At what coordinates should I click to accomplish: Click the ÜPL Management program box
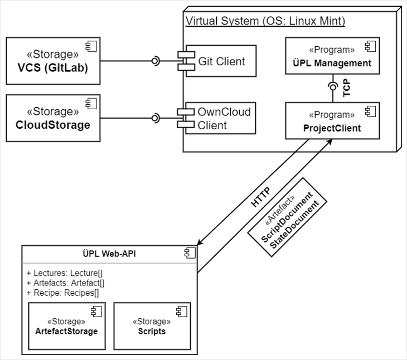332,56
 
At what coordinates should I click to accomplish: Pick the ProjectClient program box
332,121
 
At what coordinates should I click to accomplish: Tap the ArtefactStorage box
66,326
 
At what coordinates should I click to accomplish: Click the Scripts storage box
152,326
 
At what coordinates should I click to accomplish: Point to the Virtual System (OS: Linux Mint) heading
265,21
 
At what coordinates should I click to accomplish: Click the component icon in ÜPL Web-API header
190,253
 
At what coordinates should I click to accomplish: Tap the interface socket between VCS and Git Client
157,61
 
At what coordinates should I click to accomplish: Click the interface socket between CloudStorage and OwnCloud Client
157,118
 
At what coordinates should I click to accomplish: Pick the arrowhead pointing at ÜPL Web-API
200,242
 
